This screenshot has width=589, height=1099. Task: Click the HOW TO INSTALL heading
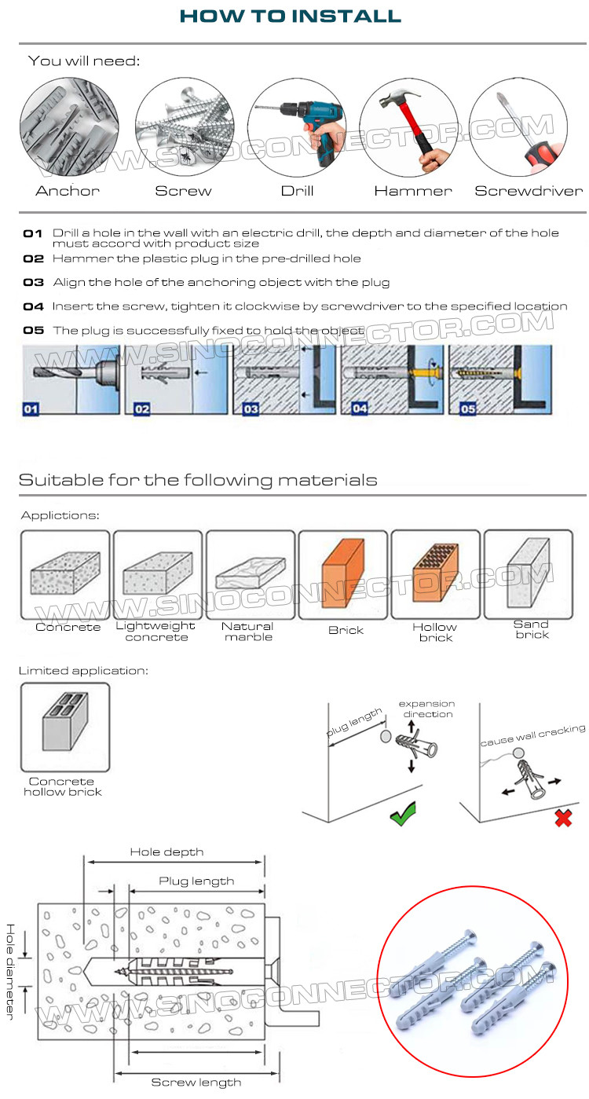tap(290, 16)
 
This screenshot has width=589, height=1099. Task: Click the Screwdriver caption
tap(529, 191)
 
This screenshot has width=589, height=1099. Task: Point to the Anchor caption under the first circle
tap(68, 191)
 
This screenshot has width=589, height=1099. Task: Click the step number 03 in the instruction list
tap(33, 282)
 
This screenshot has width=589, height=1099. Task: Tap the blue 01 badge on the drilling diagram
tap(31, 408)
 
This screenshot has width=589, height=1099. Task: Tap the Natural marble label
tap(248, 632)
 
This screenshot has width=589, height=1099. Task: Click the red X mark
tap(562, 818)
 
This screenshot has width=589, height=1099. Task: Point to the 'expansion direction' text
tap(426, 709)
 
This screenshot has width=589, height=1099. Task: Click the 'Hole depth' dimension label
tap(166, 852)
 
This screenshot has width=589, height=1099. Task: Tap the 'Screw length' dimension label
tap(196, 1083)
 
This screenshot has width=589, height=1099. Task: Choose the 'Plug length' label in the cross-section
tap(196, 881)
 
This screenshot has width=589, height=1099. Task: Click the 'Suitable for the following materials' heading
tap(198, 480)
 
